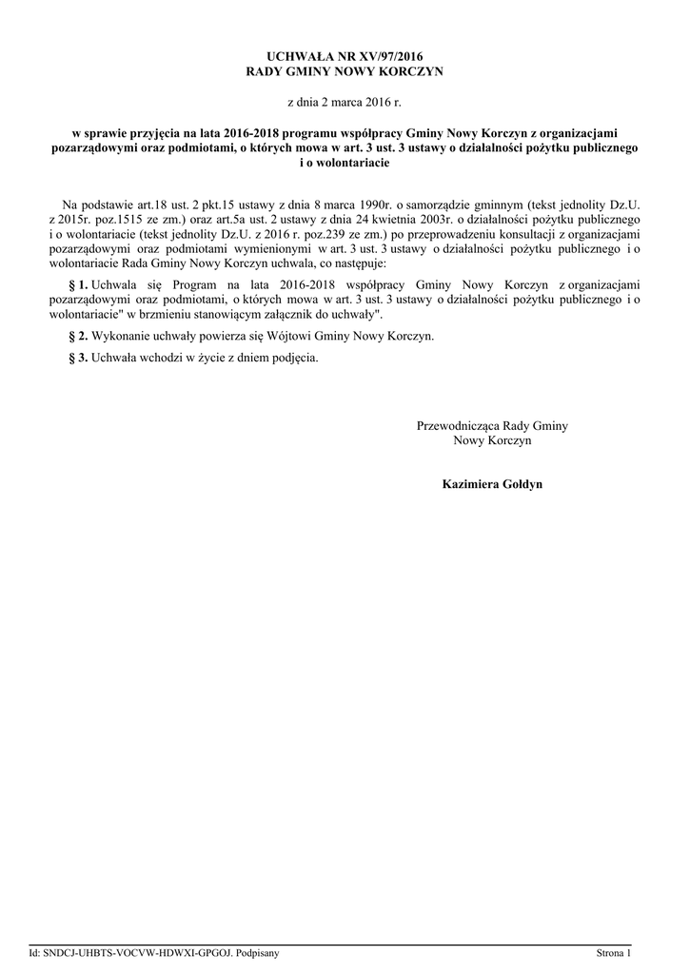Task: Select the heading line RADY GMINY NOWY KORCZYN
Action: tap(345, 71)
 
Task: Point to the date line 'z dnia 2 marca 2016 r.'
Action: tap(345, 100)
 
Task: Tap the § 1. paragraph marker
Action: tap(80, 284)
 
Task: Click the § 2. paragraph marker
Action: tap(80, 337)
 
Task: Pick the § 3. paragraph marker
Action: tap(80, 359)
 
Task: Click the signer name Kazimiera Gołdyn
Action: tap(492, 484)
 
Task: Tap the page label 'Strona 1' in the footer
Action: tap(614, 952)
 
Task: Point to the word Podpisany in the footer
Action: tap(256, 952)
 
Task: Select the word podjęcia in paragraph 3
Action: tap(294, 359)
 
